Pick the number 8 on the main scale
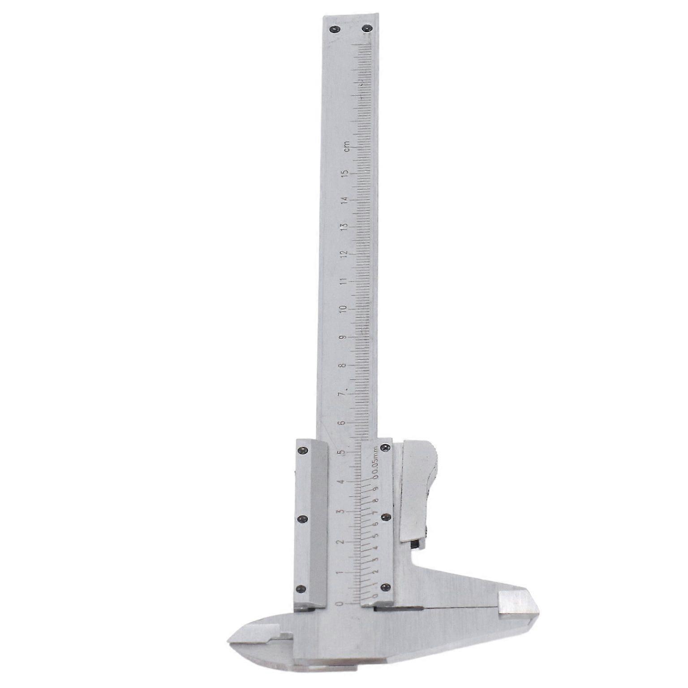point(343,365)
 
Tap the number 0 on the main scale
point(342,604)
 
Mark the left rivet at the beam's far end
point(334,30)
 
